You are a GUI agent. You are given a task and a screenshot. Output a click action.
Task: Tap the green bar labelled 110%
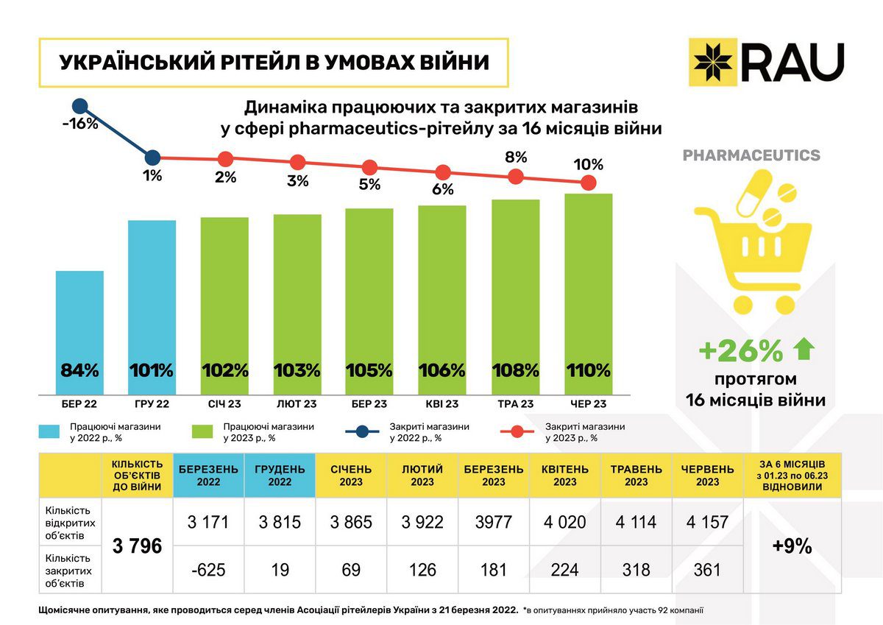[589, 294]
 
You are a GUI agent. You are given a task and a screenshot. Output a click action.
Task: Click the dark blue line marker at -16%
[79, 107]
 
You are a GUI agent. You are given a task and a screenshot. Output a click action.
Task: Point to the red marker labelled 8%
[516, 176]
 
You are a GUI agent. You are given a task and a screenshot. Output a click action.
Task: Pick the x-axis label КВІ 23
[442, 403]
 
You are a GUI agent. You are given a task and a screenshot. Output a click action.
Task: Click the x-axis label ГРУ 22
[152, 403]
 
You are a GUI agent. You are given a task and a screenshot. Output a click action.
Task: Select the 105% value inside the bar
[369, 370]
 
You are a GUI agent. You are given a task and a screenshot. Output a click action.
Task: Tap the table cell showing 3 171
[208, 522]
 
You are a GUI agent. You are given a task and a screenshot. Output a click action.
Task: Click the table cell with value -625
[208, 569]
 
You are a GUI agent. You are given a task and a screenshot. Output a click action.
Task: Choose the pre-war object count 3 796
[137, 546]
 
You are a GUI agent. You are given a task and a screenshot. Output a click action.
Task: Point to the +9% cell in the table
[792, 546]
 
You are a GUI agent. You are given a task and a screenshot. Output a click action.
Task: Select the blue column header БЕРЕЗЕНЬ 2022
[208, 475]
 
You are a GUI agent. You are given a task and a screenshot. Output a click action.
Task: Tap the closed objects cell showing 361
[708, 569]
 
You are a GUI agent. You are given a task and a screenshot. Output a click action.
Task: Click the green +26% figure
[740, 352]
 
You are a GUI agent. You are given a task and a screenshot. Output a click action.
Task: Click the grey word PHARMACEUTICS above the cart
[751, 155]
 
